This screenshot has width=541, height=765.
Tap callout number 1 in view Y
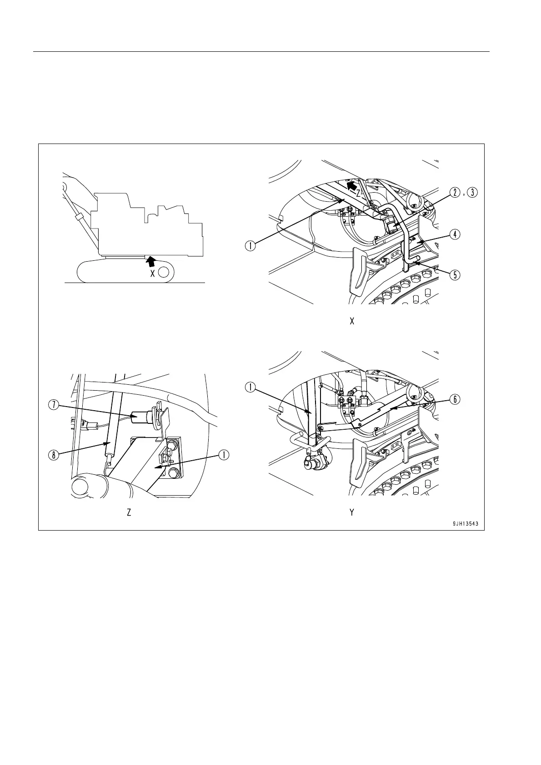click(x=250, y=387)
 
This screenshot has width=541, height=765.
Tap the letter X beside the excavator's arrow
click(x=153, y=273)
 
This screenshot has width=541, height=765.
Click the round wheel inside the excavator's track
click(x=165, y=272)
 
